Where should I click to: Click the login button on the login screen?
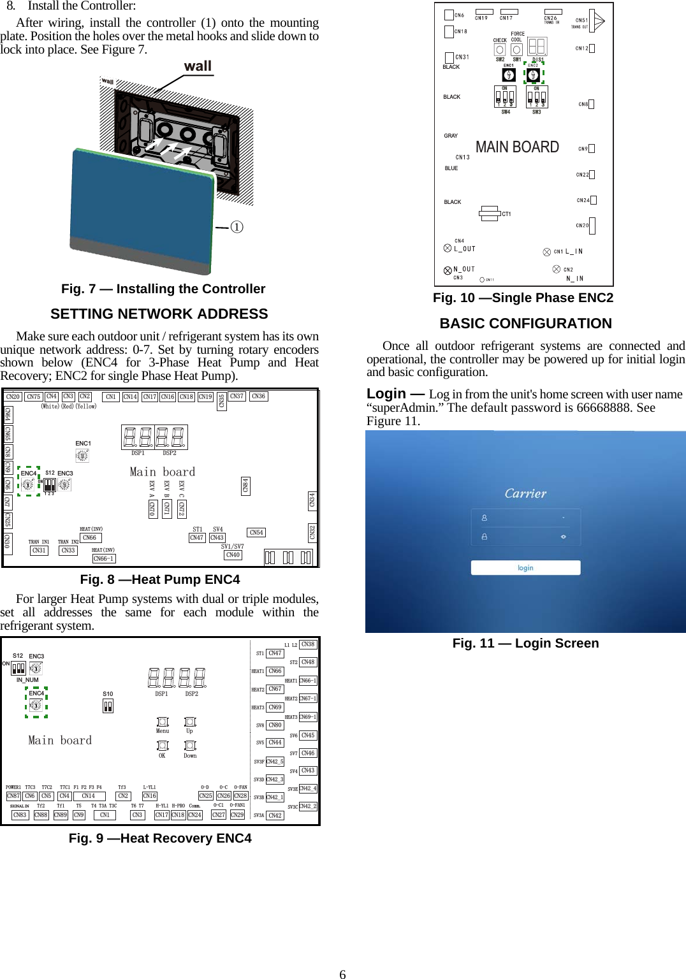[525, 568]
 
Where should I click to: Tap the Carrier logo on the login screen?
[525, 493]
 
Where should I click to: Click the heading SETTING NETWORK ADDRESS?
[159, 314]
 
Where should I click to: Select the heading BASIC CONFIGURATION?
[525, 324]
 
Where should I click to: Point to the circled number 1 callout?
[237, 227]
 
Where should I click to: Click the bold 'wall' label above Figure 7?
[198, 66]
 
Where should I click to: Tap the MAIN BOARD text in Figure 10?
[517, 147]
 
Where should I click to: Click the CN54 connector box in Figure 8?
[256, 532]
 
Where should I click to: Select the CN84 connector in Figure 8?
[245, 486]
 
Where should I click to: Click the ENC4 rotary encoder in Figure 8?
[28, 484]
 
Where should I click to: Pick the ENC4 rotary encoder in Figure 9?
[36, 705]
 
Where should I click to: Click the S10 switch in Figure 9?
[108, 706]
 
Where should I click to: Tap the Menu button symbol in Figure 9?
[163, 722]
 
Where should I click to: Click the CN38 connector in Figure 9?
[308, 644]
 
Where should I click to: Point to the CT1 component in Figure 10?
[490, 214]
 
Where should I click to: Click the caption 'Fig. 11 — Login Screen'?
[525, 643]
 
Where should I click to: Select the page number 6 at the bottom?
[342, 974]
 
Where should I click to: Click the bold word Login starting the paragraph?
[386, 394]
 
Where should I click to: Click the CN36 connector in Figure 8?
[258, 396]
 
